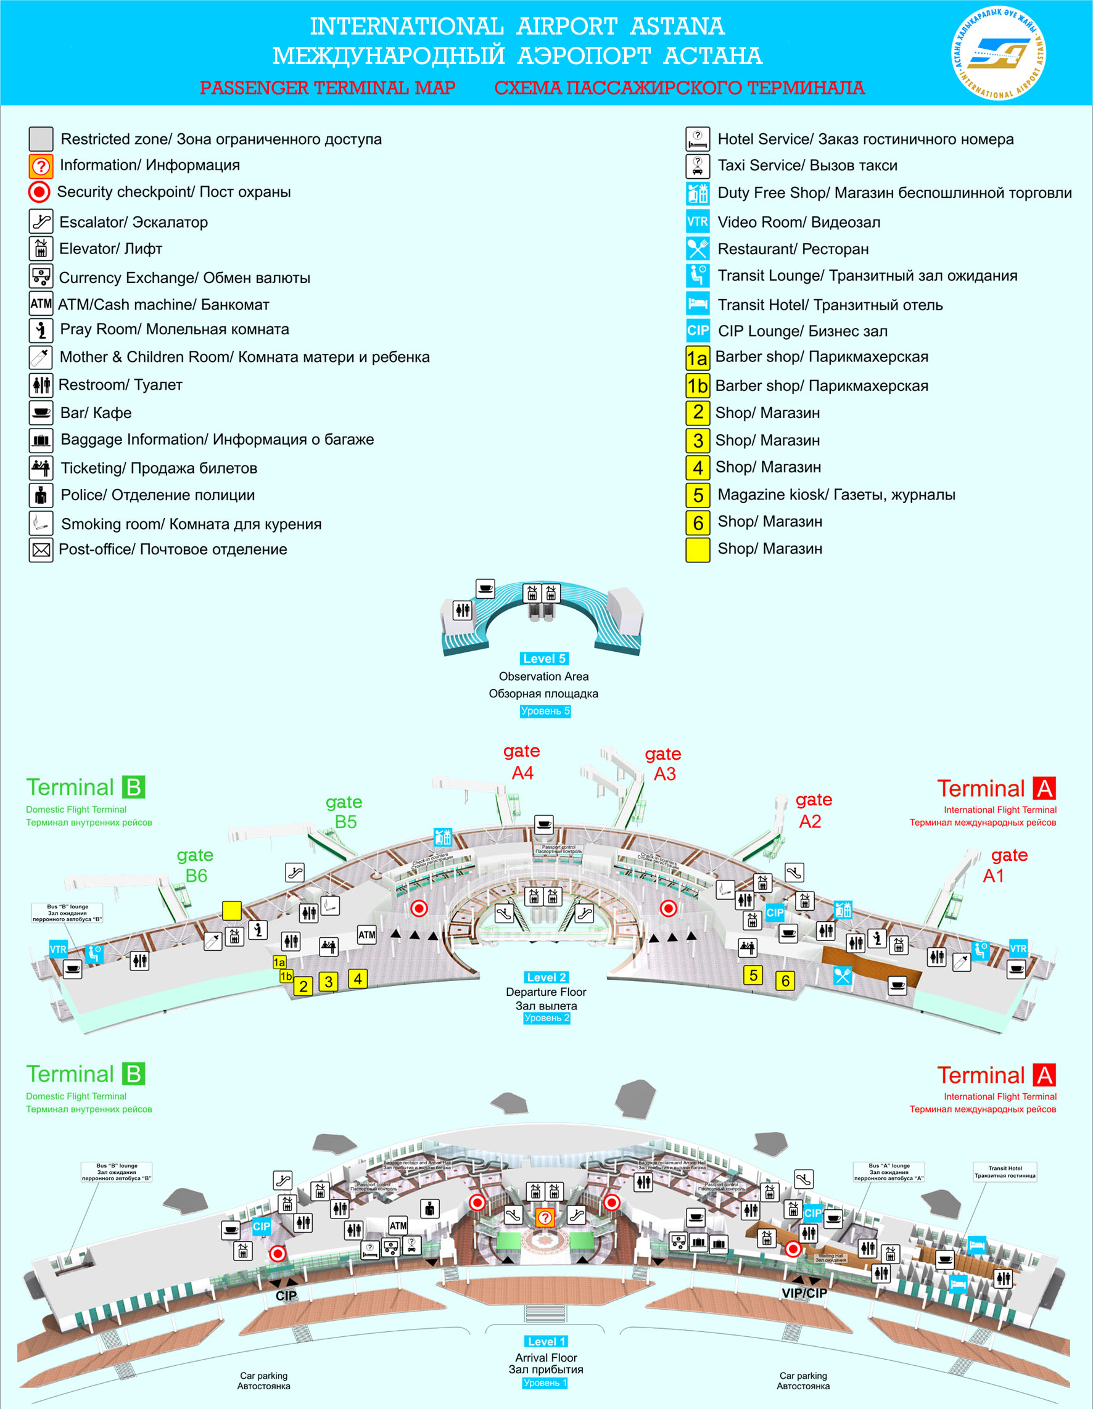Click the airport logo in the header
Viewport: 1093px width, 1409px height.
point(999,53)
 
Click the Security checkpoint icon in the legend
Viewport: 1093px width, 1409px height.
point(39,192)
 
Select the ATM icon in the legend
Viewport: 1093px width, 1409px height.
point(41,303)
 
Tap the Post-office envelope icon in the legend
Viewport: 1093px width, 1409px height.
point(41,549)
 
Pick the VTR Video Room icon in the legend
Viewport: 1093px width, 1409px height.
point(698,221)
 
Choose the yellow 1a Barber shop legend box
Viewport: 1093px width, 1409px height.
point(698,358)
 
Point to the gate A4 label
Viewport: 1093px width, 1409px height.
point(522,762)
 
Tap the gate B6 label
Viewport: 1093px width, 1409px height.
point(195,865)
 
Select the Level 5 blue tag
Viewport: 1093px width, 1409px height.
point(544,659)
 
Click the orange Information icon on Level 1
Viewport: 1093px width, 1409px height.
point(545,1217)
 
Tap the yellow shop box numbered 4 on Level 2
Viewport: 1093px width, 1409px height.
point(358,979)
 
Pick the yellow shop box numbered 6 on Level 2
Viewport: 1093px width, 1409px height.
point(785,980)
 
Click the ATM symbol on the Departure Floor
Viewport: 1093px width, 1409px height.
point(366,935)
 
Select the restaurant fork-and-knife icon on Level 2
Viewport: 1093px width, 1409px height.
point(842,976)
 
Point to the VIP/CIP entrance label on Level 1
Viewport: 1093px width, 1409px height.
point(804,1293)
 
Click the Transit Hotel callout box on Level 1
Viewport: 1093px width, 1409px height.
point(1005,1172)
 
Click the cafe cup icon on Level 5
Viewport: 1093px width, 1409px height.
point(485,588)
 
